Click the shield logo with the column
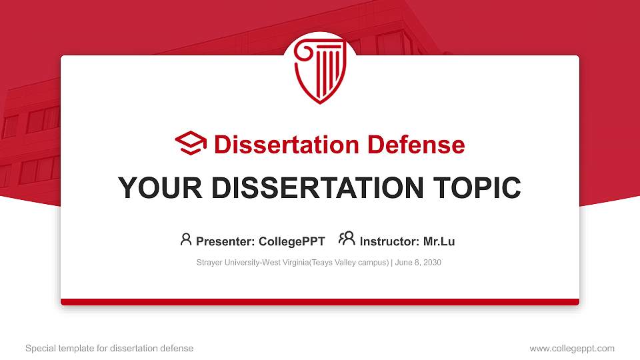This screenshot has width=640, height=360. [319, 69]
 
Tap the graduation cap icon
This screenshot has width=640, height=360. [191, 144]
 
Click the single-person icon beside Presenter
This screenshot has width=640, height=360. [186, 239]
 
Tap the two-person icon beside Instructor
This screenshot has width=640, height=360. [347, 239]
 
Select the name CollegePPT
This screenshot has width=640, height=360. [293, 241]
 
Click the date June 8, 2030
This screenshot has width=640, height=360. [418, 263]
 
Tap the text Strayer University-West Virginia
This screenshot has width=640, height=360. [253, 263]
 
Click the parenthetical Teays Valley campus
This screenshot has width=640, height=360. [349, 263]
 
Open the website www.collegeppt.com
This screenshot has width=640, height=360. [572, 348]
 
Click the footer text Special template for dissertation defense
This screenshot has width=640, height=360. [109, 348]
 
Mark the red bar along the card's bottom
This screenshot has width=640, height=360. [320, 302]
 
